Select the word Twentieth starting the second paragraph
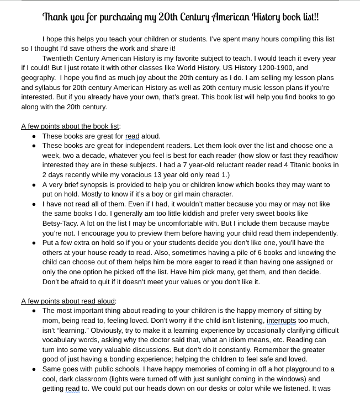tap(59, 58)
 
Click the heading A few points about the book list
tap(70, 126)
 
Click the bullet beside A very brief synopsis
tap(34, 185)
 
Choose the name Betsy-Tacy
tap(61, 223)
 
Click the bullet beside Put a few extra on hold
tap(34, 243)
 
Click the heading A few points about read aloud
tap(68, 301)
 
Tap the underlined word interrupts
tap(281, 321)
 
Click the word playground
tap(299, 369)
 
